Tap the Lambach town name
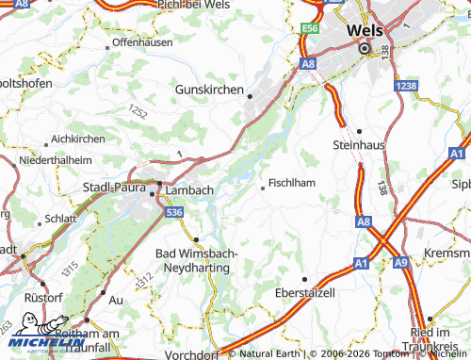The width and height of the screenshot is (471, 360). [189, 189]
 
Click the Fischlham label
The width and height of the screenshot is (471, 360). [291, 183]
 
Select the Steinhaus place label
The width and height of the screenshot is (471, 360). [359, 144]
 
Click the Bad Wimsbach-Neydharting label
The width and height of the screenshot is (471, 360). [196, 261]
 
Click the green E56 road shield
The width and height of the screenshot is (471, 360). [311, 30]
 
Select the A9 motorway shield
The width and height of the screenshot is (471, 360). [401, 261]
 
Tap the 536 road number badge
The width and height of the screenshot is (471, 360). [173, 214]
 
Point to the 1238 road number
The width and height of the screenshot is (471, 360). [407, 86]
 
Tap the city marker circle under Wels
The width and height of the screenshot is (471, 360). [365, 48]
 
